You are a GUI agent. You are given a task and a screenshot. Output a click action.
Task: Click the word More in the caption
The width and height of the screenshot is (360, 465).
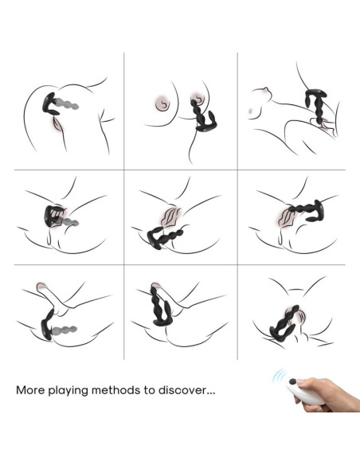pyautogui.click(x=30, y=389)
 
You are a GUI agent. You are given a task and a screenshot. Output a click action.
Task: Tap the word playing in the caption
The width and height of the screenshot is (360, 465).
pyautogui.click(x=68, y=390)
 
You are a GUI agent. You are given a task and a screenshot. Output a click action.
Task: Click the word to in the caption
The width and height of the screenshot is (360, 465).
pyautogui.click(x=149, y=390)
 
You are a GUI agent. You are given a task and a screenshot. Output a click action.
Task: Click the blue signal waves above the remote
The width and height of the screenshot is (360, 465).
pyautogui.click(x=280, y=375)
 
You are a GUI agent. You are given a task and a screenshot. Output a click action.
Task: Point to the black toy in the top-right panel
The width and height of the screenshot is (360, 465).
pyautogui.click(x=316, y=107)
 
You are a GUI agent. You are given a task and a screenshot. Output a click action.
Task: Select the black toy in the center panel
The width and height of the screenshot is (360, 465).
pyautogui.click(x=165, y=236)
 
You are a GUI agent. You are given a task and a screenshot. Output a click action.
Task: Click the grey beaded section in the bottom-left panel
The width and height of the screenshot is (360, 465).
pyautogui.click(x=65, y=329)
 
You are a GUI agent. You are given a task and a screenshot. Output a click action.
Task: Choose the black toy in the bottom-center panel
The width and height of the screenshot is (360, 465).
pyautogui.click(x=160, y=305)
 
